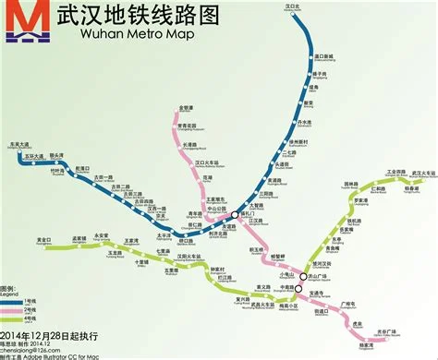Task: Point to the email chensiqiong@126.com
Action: pos(29,349)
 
